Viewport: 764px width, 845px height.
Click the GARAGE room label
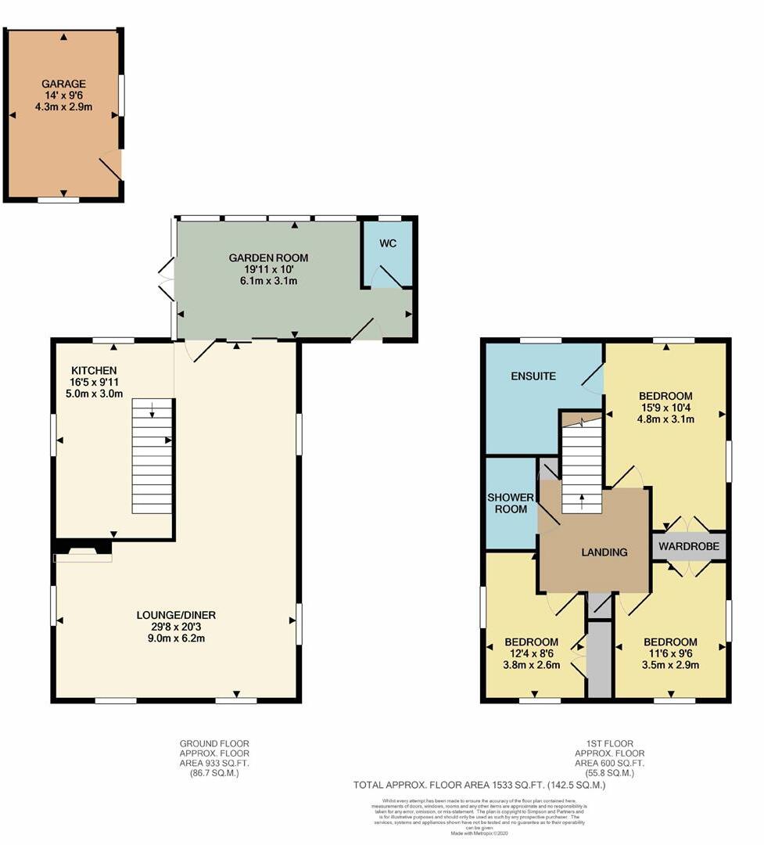pyautogui.click(x=64, y=84)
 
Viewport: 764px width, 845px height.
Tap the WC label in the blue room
pyautogui.click(x=388, y=243)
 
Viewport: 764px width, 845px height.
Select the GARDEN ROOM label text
pyautogui.click(x=268, y=257)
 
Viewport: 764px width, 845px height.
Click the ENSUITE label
pyautogui.click(x=533, y=376)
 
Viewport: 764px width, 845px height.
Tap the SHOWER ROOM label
pyautogui.click(x=511, y=503)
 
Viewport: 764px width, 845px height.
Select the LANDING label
pyautogui.click(x=604, y=552)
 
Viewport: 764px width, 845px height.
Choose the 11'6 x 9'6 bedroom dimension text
pyautogui.click(x=670, y=654)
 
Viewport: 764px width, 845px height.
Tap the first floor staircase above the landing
pyautogui.click(x=581, y=468)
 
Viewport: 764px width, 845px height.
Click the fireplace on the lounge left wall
pyautogui.click(x=82, y=555)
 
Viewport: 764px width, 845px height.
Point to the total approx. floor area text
pyautogui.click(x=480, y=785)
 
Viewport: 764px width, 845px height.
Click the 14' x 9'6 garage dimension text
pyautogui.click(x=64, y=95)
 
